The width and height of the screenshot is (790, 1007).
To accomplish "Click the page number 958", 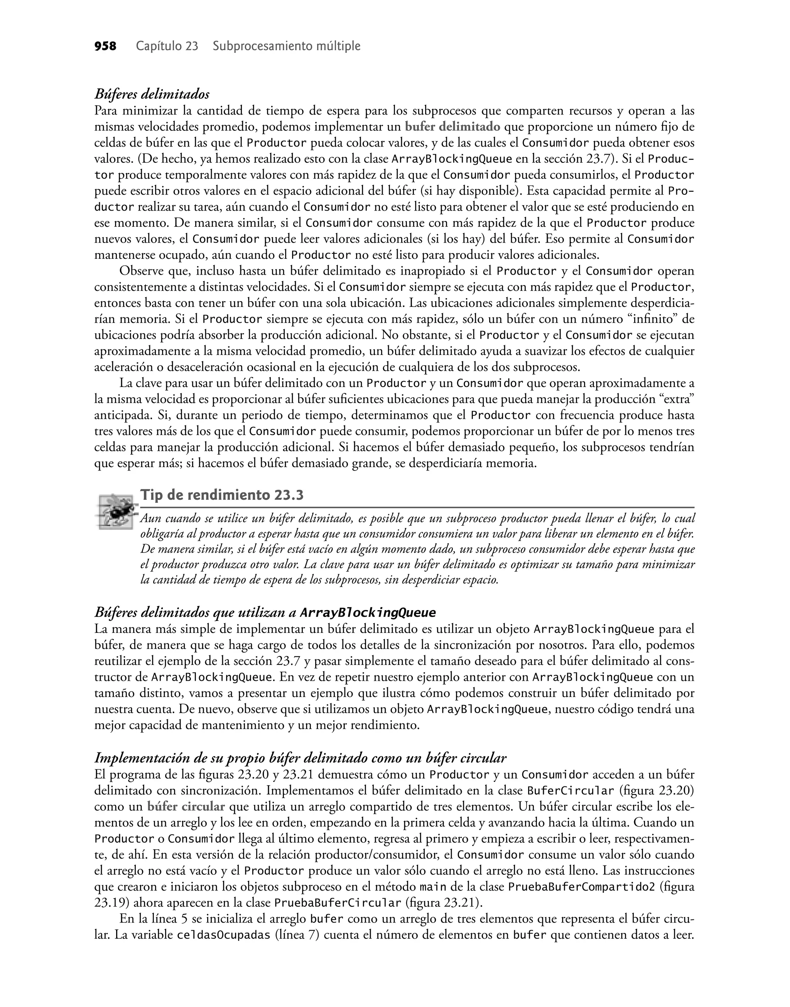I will (105, 47).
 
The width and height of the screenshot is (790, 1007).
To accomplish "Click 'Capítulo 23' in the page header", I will (167, 47).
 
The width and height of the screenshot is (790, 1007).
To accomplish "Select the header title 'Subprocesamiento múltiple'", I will (286, 47).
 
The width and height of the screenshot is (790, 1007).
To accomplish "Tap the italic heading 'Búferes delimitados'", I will (152, 94).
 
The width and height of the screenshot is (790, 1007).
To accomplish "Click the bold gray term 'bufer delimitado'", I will (452, 127).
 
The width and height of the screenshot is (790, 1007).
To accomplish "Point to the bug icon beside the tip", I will (116, 511).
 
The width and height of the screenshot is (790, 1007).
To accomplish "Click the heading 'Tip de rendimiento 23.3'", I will (222, 495).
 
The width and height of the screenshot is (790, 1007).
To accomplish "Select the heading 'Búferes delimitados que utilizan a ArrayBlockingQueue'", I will (265, 613).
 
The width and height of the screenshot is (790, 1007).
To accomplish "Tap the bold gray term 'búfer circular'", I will (186, 807).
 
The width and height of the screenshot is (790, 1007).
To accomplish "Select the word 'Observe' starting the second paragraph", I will (140, 271).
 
